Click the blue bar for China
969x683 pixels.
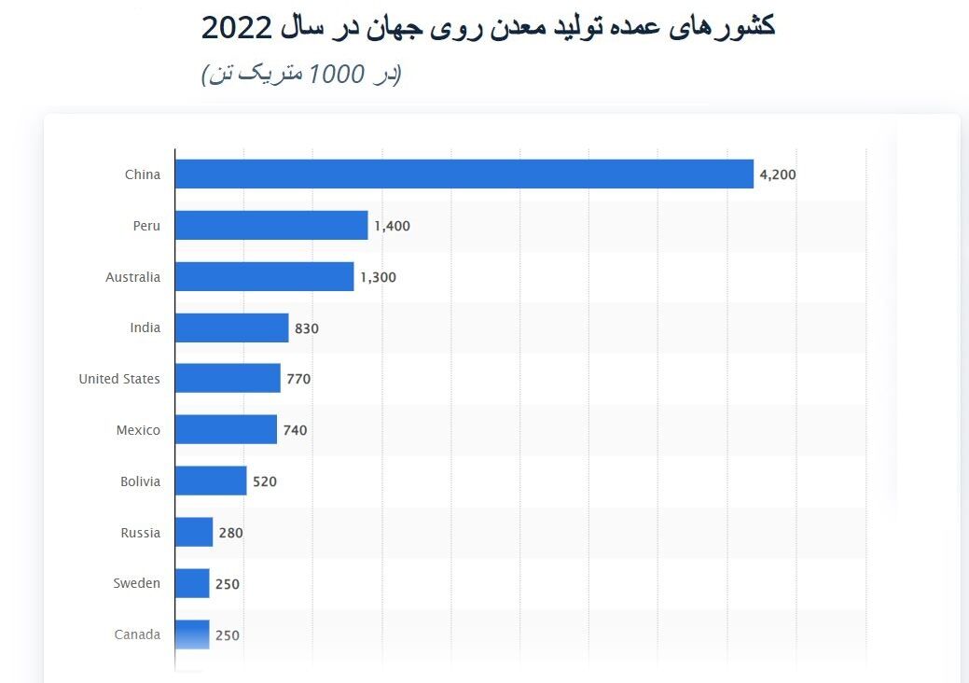464,174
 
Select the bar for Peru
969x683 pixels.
271,226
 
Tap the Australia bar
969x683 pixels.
264,277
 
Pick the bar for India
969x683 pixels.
231,328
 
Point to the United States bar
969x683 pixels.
228,379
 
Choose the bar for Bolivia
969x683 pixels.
211,481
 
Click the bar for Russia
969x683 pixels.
194,533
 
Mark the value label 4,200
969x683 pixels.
778,174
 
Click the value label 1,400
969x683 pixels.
392,226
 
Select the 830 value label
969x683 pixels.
307,328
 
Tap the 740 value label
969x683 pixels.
295,430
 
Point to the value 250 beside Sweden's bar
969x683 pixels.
228,584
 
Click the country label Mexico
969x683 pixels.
138,430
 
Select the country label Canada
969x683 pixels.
137,634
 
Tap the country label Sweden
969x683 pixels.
137,583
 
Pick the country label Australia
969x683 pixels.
132,277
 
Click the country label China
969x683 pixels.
143,174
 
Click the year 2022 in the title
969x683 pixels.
237,28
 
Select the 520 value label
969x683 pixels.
265,482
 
